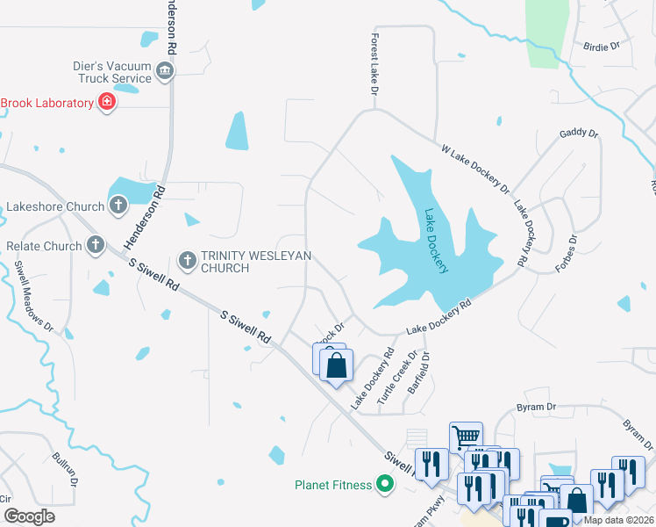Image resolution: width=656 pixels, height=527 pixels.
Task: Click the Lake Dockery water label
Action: [x=436, y=241]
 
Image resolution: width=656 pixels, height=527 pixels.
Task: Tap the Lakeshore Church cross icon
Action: [x=118, y=206]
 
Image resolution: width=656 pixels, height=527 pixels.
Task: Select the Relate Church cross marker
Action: [x=95, y=246]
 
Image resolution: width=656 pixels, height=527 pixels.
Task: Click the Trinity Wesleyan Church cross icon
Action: [x=187, y=260]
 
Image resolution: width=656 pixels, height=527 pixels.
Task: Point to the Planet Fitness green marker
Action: [x=384, y=484]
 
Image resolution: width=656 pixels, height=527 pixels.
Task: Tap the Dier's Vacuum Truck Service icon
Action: [x=164, y=70]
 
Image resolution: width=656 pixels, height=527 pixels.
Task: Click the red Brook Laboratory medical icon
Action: [x=107, y=103]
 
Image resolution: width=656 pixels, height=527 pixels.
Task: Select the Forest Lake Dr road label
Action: [x=374, y=65]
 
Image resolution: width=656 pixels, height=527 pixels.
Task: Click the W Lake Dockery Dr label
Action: [x=474, y=170]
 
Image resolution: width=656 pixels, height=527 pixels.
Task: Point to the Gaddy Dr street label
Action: [x=579, y=134]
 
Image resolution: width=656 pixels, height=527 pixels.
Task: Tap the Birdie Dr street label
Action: [x=602, y=45]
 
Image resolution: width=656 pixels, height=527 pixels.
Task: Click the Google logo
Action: [x=30, y=516]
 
